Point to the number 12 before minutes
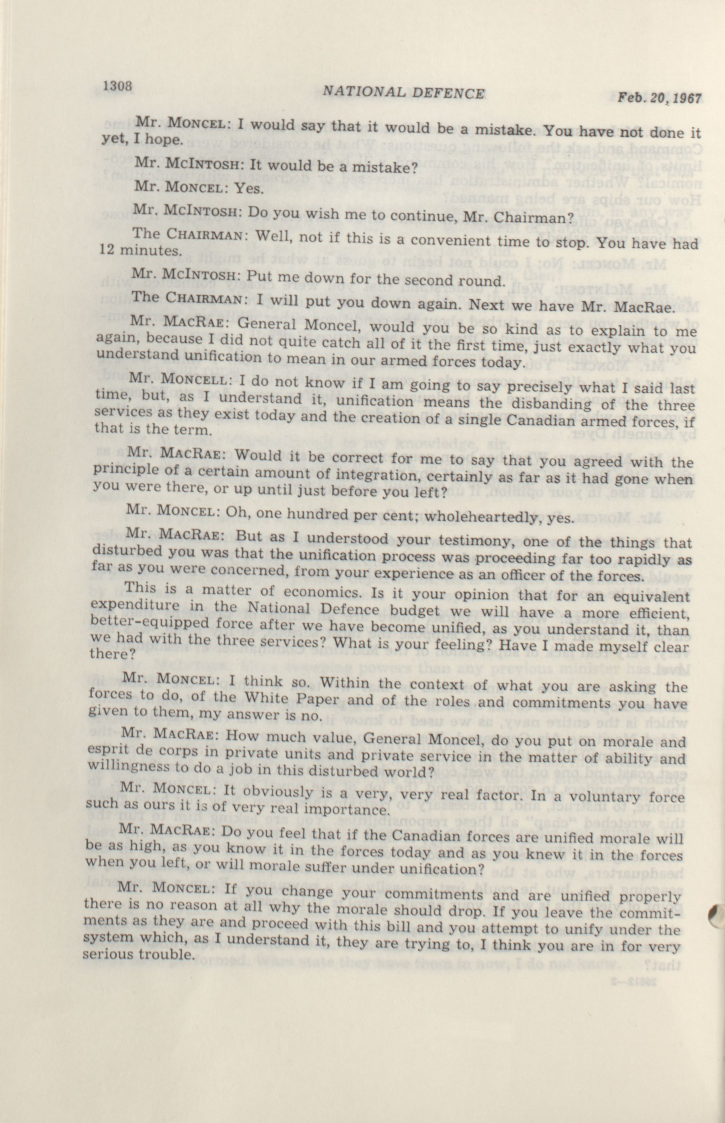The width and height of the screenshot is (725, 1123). pyautogui.click(x=108, y=248)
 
